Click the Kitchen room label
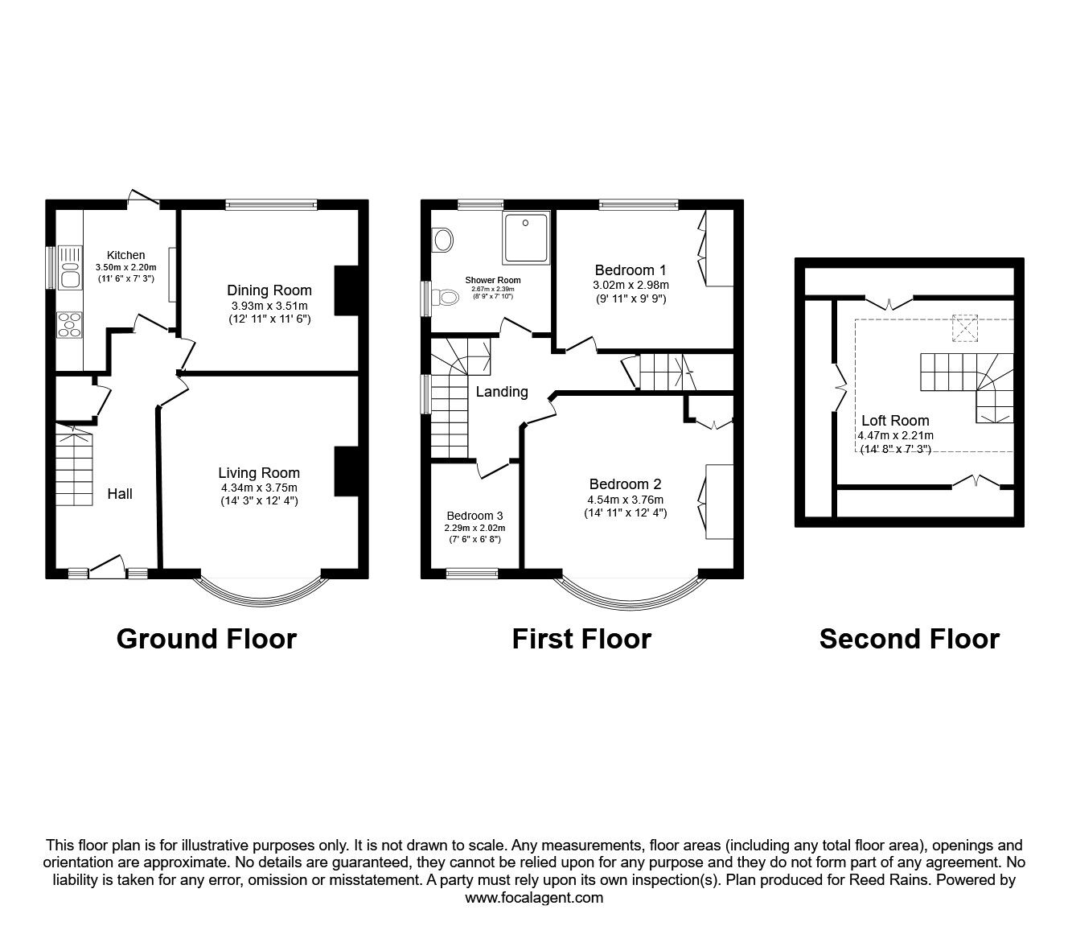(125, 255)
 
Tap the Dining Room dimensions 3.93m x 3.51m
(269, 306)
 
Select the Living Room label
(259, 473)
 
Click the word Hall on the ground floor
(120, 494)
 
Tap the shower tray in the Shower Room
(527, 237)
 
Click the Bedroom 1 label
(631, 270)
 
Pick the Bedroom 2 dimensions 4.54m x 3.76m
(625, 499)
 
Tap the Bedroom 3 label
(475, 516)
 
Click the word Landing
(502, 392)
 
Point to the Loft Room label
(895, 420)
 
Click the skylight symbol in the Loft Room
(963, 328)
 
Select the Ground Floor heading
(207, 639)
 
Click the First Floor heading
(581, 639)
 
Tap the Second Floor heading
(909, 639)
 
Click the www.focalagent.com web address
(534, 898)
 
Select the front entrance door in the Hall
(106, 570)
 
